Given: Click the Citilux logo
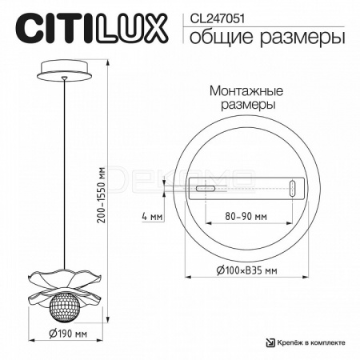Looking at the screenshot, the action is pos(91,29).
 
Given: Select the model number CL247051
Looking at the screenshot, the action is pos(217,18).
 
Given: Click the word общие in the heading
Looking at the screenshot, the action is pos(221,37).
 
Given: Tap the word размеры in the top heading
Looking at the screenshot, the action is pos(302,38).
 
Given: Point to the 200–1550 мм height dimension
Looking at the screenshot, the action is pos(102,195).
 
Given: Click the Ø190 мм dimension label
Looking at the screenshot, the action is pos(68,334).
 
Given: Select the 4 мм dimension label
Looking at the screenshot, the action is pos(152,216).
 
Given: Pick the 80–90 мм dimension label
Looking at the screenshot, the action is pos(246,216).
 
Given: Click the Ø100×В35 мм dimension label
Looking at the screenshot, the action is pos(246,270).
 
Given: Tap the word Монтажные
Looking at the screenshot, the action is pos(246,91).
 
